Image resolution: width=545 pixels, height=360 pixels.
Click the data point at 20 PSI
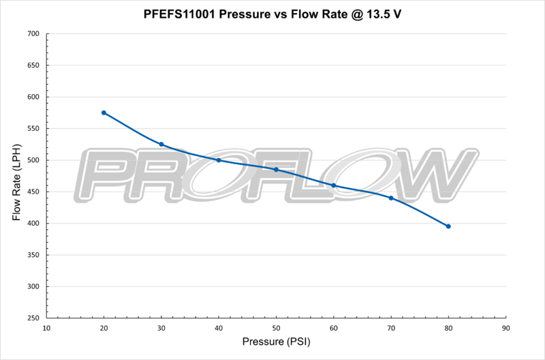(x=104, y=112)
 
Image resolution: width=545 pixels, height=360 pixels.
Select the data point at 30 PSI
(x=161, y=144)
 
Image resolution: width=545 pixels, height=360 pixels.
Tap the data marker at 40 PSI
(x=219, y=160)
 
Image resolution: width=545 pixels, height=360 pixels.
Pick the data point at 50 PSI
(x=276, y=169)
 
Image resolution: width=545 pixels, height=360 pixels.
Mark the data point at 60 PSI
(x=334, y=185)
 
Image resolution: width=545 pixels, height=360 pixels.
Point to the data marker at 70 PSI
(x=391, y=198)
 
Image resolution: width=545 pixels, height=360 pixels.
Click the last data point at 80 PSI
(x=448, y=226)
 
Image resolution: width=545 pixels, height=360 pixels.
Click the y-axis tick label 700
(x=32, y=33)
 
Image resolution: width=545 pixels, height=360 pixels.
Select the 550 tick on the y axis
(x=32, y=129)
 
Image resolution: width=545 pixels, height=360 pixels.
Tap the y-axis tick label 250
(x=32, y=318)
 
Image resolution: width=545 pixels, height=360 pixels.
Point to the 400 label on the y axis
(x=32, y=224)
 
